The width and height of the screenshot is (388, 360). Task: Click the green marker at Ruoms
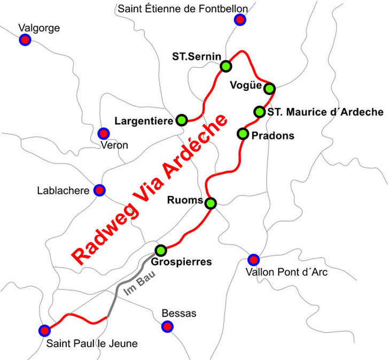pyautogui.click(x=211, y=203)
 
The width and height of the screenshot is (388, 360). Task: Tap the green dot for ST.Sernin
pyautogui.click(x=226, y=66)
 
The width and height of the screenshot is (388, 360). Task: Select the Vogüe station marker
pyautogui.click(x=269, y=88)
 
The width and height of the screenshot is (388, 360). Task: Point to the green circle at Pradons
pyautogui.click(x=243, y=134)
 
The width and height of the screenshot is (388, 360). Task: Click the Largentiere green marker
pyautogui.click(x=182, y=120)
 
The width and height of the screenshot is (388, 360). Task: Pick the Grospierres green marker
pyautogui.click(x=161, y=250)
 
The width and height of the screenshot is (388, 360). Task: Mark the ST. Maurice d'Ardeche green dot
pyautogui.click(x=259, y=112)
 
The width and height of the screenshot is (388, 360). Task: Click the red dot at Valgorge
pyautogui.click(x=24, y=40)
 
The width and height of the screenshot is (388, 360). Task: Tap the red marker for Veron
pyautogui.click(x=104, y=134)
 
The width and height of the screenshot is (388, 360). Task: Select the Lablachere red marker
pyautogui.click(x=99, y=190)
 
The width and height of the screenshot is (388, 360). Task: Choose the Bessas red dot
pyautogui.click(x=168, y=326)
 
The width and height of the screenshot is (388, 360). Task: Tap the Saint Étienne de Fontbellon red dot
pyautogui.click(x=240, y=20)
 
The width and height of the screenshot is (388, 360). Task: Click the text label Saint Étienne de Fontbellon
pyautogui.click(x=182, y=9)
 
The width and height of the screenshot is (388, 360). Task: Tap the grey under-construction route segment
pyautogui.click(x=119, y=289)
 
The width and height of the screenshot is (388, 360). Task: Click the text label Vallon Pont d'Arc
pyautogui.click(x=285, y=272)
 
